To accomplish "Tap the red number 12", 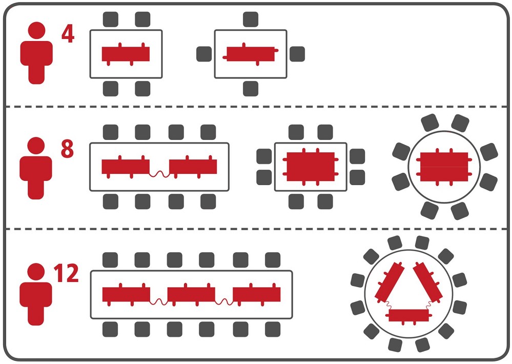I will tap(66, 274).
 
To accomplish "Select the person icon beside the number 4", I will tap(36, 52).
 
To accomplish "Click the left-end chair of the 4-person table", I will tap(204, 54).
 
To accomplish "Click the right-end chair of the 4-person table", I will tap(297, 54).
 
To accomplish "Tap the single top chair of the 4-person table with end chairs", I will tap(251, 19).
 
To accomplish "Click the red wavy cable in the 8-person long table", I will tap(159, 174).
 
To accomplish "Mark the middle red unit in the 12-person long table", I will tap(191, 294).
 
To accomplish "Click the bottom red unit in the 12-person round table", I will tap(408, 315).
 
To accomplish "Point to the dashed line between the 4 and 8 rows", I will tap(256, 107).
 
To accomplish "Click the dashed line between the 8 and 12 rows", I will tap(256, 229).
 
